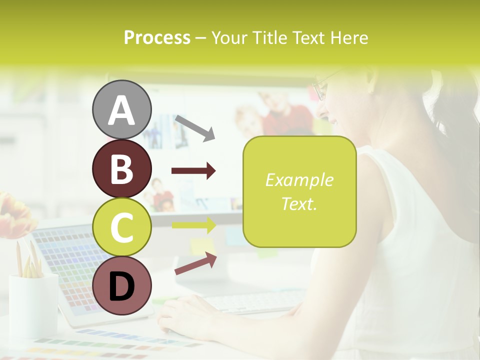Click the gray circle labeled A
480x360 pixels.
pyautogui.click(x=121, y=109)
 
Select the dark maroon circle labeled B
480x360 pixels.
pyautogui.click(x=121, y=168)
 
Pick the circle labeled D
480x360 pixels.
pyautogui.click(x=121, y=285)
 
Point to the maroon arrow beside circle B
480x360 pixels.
pyautogui.click(x=193, y=171)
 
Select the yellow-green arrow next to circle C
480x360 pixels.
pyautogui.click(x=193, y=225)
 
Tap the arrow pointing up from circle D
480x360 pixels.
pyautogui.click(x=195, y=263)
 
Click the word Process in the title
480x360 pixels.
pyautogui.click(x=157, y=37)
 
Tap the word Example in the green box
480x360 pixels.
pyautogui.click(x=299, y=180)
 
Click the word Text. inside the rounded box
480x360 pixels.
pyautogui.click(x=299, y=203)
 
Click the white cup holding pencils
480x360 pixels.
pyautogui.click(x=33, y=305)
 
